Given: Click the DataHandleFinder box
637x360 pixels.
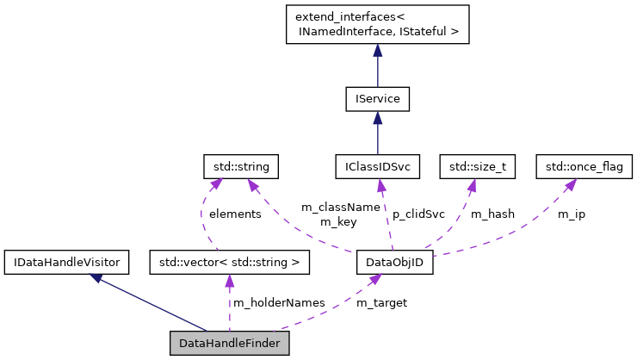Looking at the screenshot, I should (229, 344).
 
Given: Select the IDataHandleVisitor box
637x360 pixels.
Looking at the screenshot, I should (66, 261).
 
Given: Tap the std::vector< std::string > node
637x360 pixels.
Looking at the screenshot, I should (229, 261).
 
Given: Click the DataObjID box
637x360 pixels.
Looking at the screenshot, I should (394, 261).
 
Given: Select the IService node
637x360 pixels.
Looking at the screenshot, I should (377, 99).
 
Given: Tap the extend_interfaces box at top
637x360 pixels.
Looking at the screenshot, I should (377, 25).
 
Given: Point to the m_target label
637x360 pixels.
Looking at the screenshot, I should (381, 302).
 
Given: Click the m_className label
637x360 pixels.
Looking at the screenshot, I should (340, 208).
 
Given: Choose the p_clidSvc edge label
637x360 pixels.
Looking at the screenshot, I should (418, 214).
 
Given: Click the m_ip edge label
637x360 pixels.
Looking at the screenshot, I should (571, 214).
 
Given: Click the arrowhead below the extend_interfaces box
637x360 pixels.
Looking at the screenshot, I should (377, 52).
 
